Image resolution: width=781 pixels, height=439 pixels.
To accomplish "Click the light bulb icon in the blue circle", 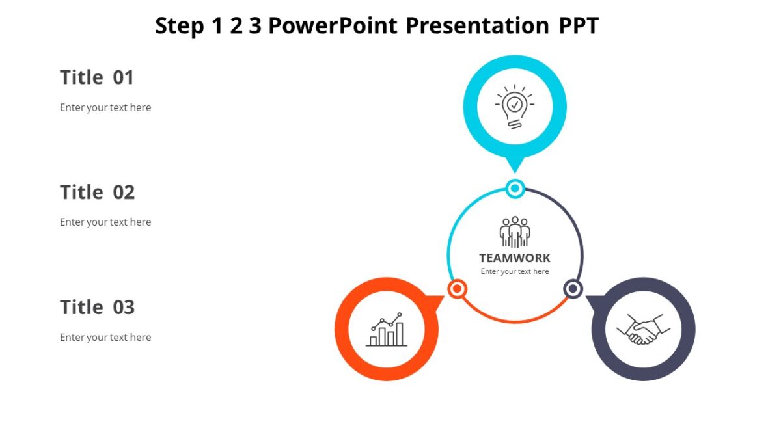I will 514,106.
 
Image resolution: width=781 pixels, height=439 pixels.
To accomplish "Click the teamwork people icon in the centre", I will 515,232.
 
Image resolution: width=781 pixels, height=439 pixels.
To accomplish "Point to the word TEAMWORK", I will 515,258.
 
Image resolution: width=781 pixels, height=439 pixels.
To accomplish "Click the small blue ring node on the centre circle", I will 515,189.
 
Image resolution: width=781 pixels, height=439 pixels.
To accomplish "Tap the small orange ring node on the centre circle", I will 458,289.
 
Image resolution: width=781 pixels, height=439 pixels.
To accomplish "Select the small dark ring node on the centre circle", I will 573,289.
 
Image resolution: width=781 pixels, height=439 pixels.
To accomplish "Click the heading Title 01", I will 97,77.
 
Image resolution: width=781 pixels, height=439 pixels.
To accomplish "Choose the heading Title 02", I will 97,193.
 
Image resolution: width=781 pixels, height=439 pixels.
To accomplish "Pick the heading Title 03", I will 97,307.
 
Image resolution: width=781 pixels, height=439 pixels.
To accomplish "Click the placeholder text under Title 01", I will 105,107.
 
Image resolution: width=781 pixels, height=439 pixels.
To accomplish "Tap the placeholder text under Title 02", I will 105,222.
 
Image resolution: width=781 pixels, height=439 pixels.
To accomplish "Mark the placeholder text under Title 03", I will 105,337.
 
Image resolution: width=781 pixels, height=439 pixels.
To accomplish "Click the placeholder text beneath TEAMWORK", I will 515,271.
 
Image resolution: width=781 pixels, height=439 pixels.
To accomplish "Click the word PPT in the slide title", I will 579,25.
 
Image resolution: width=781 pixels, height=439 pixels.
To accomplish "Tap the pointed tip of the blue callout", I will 515,170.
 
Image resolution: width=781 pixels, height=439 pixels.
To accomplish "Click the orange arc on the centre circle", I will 515,321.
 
